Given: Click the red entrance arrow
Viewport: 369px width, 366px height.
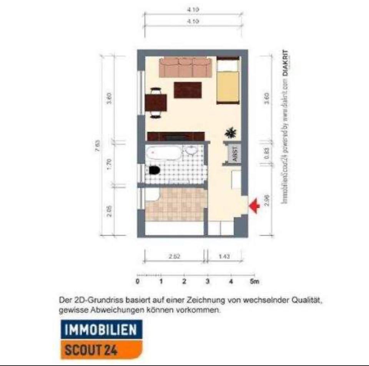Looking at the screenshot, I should (x=254, y=206).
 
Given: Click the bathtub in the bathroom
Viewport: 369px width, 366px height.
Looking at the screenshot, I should (x=163, y=153).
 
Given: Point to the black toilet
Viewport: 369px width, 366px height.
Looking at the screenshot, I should (x=155, y=170).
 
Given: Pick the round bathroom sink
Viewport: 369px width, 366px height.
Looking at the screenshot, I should (x=190, y=151).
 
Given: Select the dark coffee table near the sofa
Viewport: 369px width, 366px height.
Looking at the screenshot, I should (x=188, y=90).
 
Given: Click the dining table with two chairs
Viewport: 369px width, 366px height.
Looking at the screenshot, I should (x=156, y=103).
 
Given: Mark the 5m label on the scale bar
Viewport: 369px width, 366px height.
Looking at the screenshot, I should (x=253, y=281).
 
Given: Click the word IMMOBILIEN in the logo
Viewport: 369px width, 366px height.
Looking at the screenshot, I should (x=101, y=330).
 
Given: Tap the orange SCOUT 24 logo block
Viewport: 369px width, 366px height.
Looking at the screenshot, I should (x=101, y=349).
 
